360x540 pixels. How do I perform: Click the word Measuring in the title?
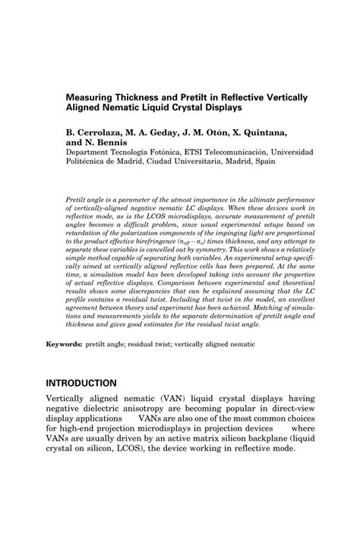(x=94, y=98)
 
